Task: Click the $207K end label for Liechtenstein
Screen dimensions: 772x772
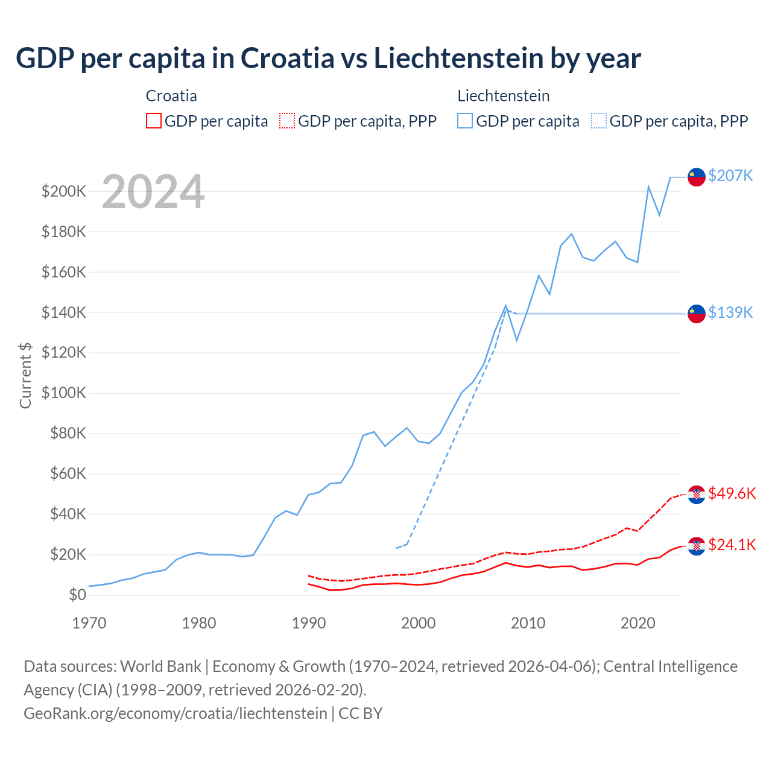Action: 730,176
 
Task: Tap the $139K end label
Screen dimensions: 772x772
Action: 730,312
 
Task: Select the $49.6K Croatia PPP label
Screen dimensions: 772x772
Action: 732,493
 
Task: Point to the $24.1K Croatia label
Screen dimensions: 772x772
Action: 732,545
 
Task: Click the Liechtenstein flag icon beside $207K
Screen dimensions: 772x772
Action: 697,177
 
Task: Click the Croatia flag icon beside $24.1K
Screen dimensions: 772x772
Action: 697,546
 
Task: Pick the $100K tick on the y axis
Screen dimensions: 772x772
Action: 64,393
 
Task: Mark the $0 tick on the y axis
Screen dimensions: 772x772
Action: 77,595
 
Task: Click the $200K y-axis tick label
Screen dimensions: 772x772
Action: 64,192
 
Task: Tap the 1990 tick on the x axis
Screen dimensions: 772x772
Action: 309,623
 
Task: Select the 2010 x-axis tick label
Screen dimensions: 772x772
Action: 528,623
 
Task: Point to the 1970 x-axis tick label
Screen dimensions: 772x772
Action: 89,623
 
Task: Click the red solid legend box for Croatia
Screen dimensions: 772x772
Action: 154,121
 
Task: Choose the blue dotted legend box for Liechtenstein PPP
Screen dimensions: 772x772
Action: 599,121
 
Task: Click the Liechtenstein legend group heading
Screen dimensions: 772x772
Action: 504,96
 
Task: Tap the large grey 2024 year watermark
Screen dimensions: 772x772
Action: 153,192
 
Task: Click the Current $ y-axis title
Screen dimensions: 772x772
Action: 25,375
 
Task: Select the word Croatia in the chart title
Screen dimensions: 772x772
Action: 287,59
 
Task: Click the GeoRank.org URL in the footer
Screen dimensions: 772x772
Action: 175,713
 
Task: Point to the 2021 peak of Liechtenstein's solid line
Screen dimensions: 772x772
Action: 648,186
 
